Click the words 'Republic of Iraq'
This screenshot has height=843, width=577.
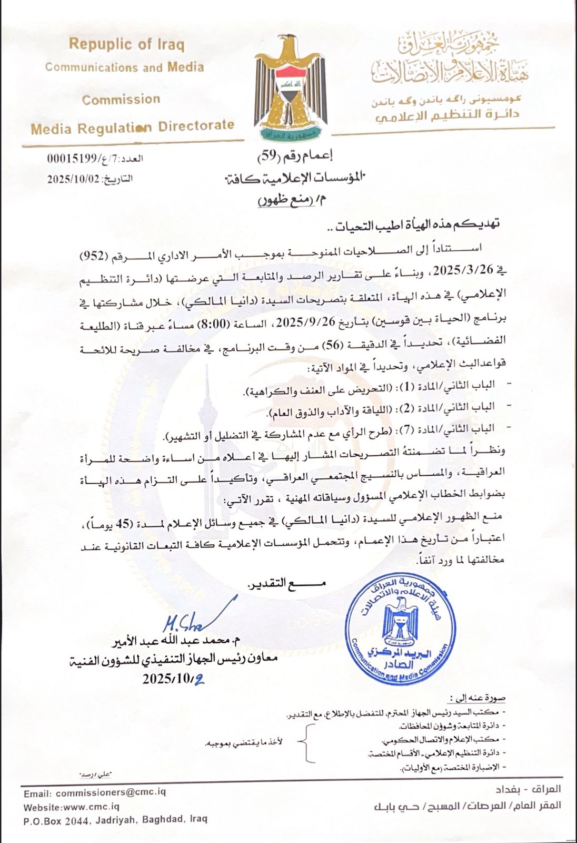pyautogui.click(x=127, y=45)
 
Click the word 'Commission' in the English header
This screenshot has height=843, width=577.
pyautogui.click(x=121, y=99)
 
